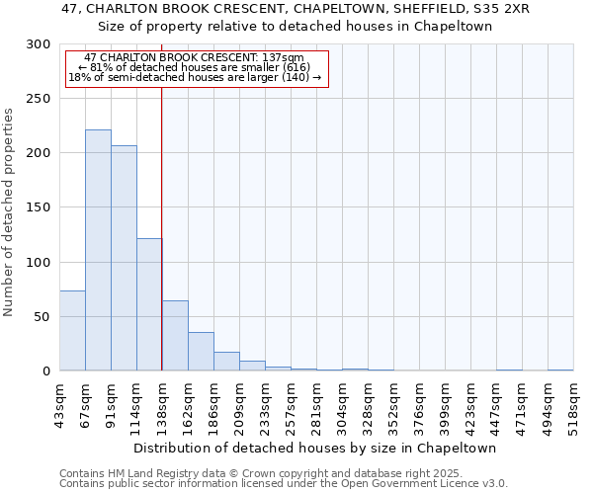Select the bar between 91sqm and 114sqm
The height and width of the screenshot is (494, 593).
(x=124, y=258)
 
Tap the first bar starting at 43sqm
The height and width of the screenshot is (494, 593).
(x=72, y=331)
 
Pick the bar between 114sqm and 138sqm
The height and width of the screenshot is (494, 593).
(x=149, y=304)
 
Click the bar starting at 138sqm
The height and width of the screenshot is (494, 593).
(x=175, y=336)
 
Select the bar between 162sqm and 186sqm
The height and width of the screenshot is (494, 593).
(x=201, y=352)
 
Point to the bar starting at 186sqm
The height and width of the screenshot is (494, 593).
(x=226, y=362)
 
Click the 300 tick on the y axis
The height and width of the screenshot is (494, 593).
(x=37, y=44)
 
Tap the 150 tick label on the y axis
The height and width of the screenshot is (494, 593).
(x=37, y=208)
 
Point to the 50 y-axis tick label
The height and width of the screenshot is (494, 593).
(x=41, y=317)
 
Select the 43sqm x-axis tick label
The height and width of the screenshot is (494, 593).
(x=59, y=406)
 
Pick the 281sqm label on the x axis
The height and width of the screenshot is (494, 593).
(x=316, y=408)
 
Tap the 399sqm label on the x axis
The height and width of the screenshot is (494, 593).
(x=445, y=408)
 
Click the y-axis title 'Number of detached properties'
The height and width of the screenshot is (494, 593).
(x=9, y=212)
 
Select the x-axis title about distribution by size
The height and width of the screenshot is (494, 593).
(x=315, y=448)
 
